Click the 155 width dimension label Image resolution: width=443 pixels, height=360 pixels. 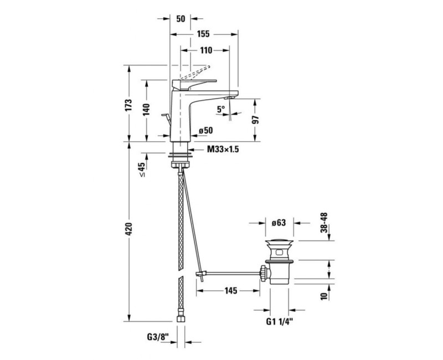pos(203,34)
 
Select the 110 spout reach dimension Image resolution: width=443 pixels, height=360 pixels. pos(206,50)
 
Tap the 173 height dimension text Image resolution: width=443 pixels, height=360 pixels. pos(128,105)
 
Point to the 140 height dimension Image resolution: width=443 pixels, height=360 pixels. pos(146,110)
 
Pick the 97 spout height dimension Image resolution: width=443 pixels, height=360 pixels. pos(255,120)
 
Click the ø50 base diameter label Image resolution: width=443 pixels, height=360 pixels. pos(205,131)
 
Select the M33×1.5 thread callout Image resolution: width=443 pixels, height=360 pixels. pos(223,149)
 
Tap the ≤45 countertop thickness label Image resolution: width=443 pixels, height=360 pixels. pos(142,169)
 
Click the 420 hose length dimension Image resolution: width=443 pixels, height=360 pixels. pos(128,229)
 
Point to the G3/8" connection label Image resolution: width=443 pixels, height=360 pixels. pos(158,337)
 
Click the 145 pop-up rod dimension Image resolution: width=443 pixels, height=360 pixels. pos(231,290)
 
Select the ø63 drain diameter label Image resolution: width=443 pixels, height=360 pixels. pos(279,223)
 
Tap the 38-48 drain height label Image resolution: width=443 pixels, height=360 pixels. pos(324,223)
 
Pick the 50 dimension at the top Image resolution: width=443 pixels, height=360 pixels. pos(181,19)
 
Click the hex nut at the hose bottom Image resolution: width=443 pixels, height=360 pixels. pos(181,319)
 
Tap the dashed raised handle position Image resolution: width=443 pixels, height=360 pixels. pos(195,73)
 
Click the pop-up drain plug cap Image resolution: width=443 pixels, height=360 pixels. pos(280,242)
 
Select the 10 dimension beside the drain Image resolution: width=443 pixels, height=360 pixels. pos(324,296)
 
